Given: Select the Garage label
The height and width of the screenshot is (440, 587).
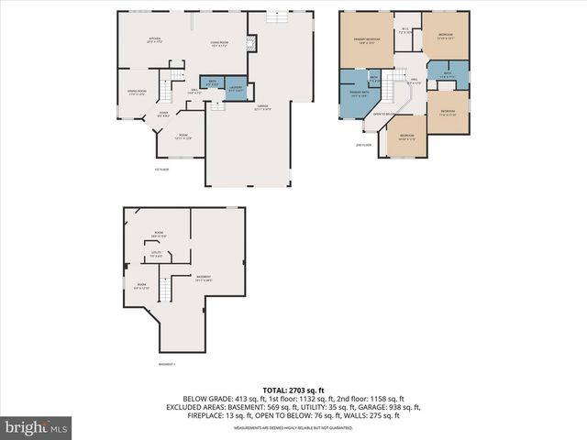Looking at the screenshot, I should pos(263,108).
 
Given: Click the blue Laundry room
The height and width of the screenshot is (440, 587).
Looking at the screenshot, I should pos(236,88).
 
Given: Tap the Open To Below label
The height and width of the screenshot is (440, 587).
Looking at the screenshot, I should pos(382,115).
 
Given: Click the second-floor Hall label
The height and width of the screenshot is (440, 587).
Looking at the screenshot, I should pos(414,82).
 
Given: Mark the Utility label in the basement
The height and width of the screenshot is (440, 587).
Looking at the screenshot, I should pos(156,254).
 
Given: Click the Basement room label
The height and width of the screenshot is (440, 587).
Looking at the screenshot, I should pos(203,279).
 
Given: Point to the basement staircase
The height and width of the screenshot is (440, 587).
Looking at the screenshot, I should pos(165,291).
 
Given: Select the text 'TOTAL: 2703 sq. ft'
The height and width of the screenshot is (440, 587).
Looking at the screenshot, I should pos(293,390).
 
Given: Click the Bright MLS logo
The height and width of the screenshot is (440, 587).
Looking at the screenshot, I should pos(37,427).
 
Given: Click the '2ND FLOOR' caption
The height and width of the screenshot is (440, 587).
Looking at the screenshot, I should pos(364,144).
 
